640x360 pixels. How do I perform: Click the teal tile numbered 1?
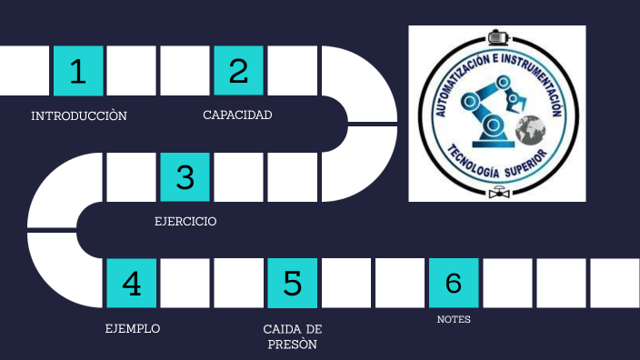tap(78, 71)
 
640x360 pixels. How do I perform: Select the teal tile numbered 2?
tap(238, 71)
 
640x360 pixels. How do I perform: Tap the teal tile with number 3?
tap(185, 177)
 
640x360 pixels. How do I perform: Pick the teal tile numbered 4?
tap(132, 284)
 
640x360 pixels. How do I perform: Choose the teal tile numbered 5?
tap(292, 284)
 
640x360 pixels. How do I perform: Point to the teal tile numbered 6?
tap(453, 284)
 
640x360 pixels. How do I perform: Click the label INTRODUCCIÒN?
tap(78, 116)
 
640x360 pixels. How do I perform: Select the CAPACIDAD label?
tap(237, 115)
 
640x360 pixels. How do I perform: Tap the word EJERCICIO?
tap(185, 222)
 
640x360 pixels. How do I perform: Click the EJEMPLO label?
tap(133, 328)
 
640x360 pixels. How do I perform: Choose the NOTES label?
tap(453, 320)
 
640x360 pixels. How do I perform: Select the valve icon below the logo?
tap(497, 193)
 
